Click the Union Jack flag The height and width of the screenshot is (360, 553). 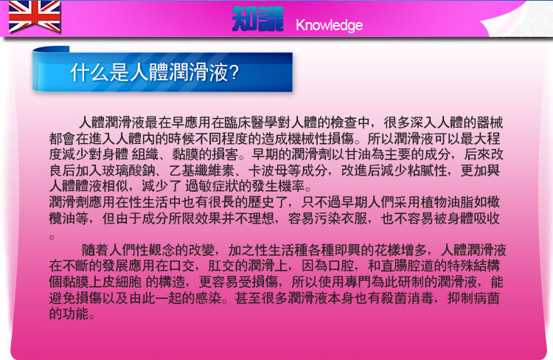[x=34, y=16]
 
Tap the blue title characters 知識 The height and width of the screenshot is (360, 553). [x=257, y=19]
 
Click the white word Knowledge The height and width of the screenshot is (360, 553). [x=329, y=25]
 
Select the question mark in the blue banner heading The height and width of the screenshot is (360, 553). [x=234, y=72]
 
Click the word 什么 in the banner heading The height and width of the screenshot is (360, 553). [x=89, y=72]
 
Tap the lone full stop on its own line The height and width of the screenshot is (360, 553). [x=52, y=237]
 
